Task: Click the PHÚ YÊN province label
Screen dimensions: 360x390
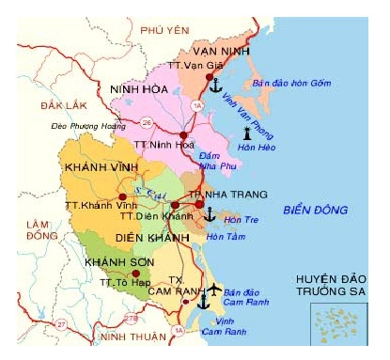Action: click(x=158, y=29)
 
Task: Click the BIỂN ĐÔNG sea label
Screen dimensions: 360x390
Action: click(x=306, y=211)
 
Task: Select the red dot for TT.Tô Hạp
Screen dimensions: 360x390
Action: click(x=110, y=274)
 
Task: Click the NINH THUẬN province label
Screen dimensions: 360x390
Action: click(x=133, y=336)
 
